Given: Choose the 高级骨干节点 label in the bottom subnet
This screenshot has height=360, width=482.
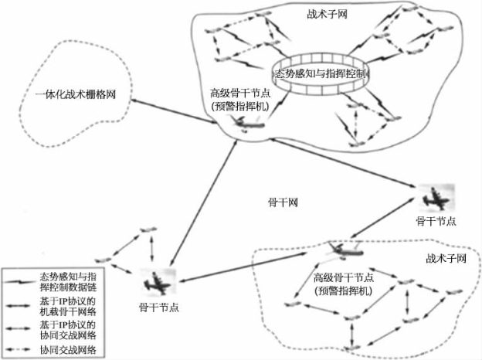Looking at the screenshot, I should pos(345,278).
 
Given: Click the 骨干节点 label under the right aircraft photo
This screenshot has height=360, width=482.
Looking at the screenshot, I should pos(436,221).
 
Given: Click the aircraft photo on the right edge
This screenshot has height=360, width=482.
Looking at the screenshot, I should pos(434,198).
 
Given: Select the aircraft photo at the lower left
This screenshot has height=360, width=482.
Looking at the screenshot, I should pos(160,283).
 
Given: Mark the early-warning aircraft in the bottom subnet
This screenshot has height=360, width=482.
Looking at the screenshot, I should pos(339,250).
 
